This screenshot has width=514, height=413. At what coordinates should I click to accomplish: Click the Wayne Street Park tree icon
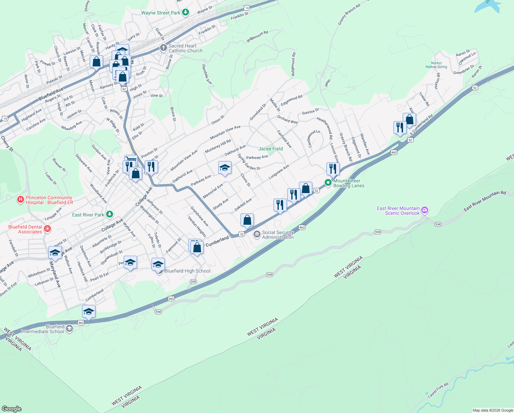pyautogui.click(x=186, y=13)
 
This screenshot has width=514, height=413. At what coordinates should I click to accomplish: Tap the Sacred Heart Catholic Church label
pyautogui.click(x=185, y=48)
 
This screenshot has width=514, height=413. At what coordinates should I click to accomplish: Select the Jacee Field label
pyautogui.click(x=270, y=149)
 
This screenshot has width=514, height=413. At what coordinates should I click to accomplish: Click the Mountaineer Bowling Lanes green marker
pyautogui.click(x=328, y=183)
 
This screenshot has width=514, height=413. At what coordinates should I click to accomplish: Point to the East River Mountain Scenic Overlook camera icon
pyautogui.click(x=425, y=210)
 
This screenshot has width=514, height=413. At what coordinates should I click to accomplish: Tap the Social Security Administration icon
pyautogui.click(x=257, y=235)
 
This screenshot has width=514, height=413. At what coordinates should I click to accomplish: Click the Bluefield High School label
pyautogui.click(x=187, y=271)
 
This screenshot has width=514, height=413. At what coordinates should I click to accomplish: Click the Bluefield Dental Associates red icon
pyautogui.click(x=47, y=229)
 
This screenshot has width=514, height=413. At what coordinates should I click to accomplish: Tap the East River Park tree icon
pyautogui.click(x=110, y=214)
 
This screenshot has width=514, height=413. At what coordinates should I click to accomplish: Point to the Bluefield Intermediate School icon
pyautogui.click(x=69, y=329)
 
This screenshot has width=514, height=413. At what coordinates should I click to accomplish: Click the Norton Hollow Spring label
pyautogui.click(x=436, y=65)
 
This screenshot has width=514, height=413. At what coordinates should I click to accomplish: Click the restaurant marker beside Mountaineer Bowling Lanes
pyautogui.click(x=333, y=169)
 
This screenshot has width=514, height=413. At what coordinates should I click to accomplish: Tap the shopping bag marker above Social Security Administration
pyautogui.click(x=247, y=220)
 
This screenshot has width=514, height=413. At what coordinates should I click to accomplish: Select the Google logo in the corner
pyautogui.click(x=11, y=409)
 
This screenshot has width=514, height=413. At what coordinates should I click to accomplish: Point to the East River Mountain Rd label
pyautogui.click(x=484, y=201)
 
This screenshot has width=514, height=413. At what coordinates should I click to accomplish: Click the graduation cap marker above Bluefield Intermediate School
pyautogui.click(x=89, y=312)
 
